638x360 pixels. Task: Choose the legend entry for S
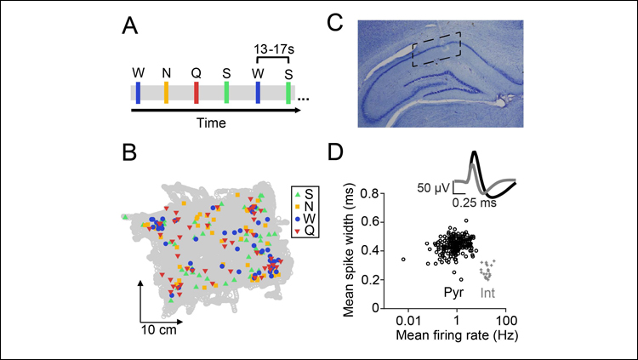click(305, 194)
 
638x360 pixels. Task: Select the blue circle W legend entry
click(305, 218)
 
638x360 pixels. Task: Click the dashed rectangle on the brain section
click(437, 49)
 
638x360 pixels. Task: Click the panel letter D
click(335, 154)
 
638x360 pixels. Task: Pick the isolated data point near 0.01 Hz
click(403, 259)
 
